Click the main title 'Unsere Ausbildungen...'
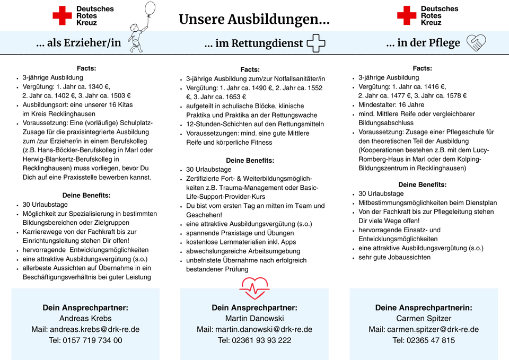[254, 20]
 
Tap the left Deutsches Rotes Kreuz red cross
[62, 15]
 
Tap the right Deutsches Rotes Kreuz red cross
[407, 15]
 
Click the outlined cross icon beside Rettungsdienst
[316, 43]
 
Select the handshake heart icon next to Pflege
[476, 42]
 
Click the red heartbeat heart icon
[254, 287]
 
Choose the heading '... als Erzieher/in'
[78, 43]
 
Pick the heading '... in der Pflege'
[423, 43]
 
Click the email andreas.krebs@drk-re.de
[85, 329]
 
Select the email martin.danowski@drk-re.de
[254, 329]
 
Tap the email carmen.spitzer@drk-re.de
[424, 329]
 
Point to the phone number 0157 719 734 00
[85, 340]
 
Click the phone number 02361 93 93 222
[254, 340]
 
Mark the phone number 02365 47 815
[424, 340]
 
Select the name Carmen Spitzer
[424, 318]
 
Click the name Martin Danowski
[254, 318]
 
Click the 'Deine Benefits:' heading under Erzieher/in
[86, 195]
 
